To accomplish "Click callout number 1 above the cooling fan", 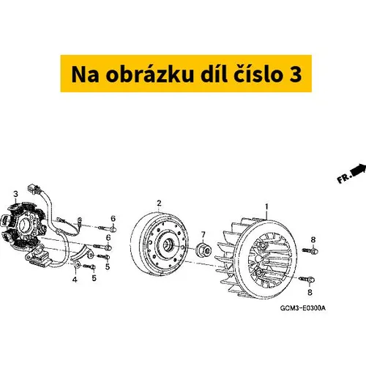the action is [x=266, y=207].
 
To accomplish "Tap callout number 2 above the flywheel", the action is [x=160, y=203].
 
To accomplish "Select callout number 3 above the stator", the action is [x=16, y=194].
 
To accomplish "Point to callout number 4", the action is [x=75, y=280].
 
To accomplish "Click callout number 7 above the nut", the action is [x=203, y=235].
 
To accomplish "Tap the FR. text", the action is [x=344, y=178].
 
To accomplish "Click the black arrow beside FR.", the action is [x=359, y=170].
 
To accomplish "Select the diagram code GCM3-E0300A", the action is [x=303, y=308].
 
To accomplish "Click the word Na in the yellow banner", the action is [x=85, y=75].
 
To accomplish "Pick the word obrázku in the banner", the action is [x=149, y=73].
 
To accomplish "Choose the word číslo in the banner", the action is [x=259, y=73].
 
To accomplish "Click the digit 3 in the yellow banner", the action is [x=296, y=75].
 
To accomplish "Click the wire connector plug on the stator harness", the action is [x=34, y=189].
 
